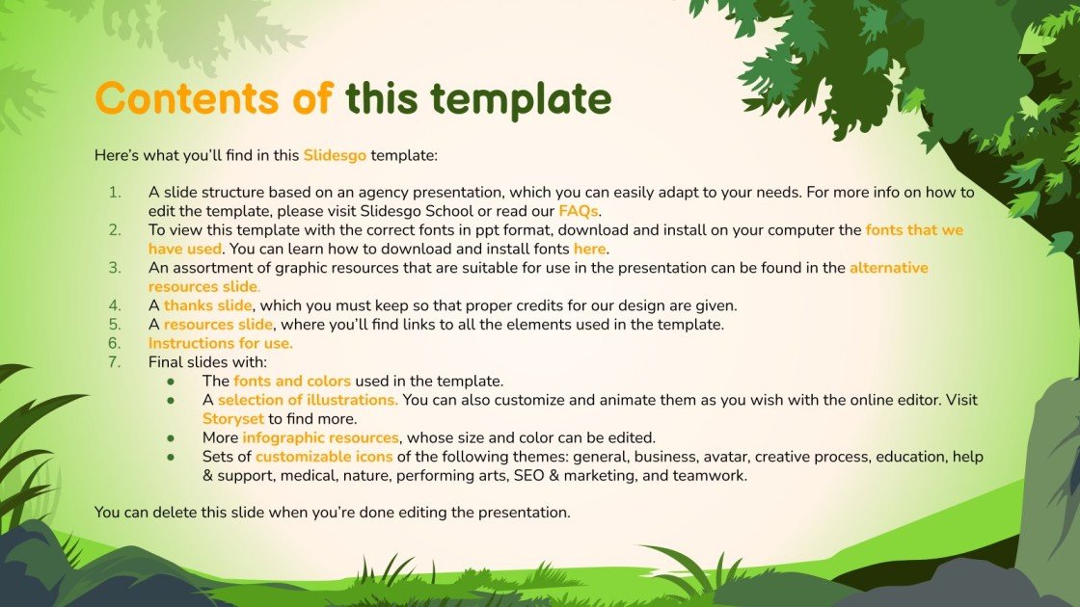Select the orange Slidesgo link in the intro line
335,154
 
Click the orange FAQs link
579,210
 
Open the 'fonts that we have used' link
914,230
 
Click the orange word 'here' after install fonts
590,249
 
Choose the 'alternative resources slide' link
888,268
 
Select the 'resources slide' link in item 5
218,324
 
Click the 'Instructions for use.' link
220,343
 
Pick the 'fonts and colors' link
292,381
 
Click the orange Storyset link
232,418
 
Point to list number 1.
114,193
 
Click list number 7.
114,362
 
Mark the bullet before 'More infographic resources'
171,437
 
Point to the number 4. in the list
114,305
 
